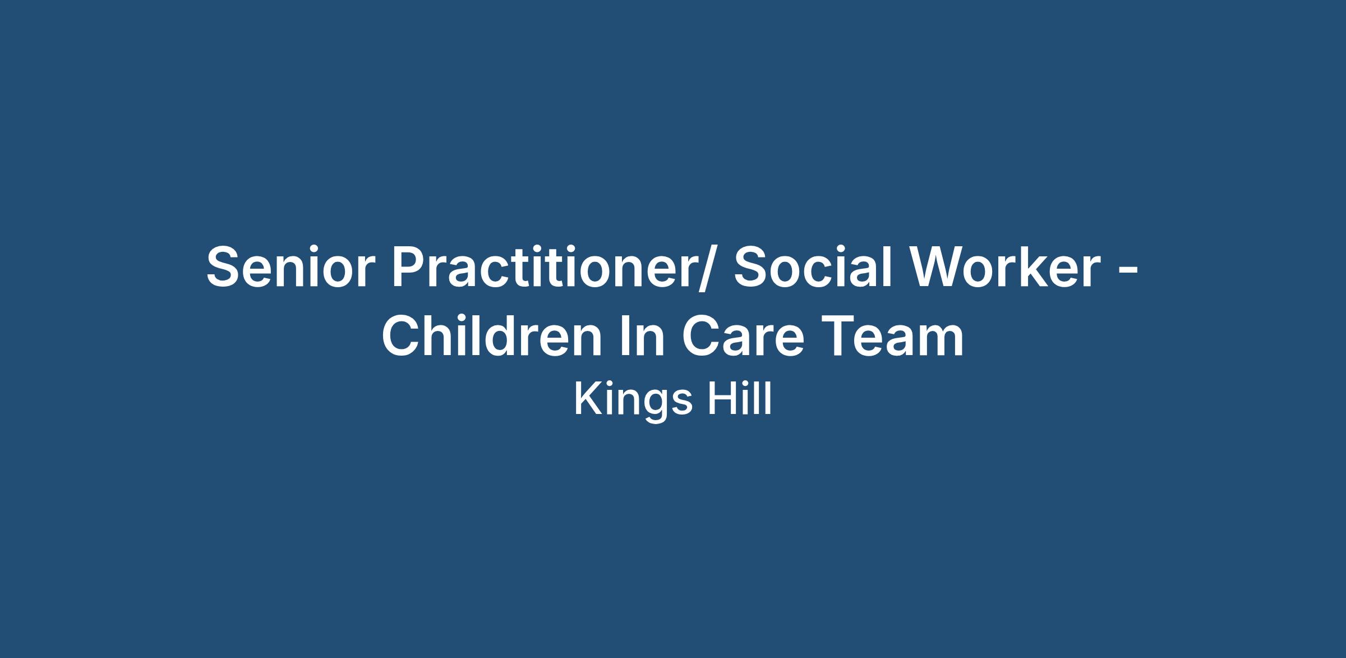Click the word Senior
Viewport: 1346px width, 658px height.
[x=291, y=267]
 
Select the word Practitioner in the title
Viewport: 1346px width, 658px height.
[x=541, y=267]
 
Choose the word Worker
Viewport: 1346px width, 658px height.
[x=1004, y=267]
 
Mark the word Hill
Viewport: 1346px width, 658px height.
[x=739, y=399]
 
